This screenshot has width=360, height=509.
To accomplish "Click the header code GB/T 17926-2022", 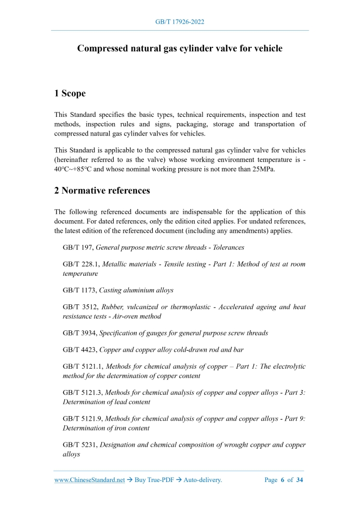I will tap(180, 22).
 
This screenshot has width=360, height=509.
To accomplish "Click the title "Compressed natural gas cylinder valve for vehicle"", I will tap(180, 48).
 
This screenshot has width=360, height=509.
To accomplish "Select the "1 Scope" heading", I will tap(70, 93).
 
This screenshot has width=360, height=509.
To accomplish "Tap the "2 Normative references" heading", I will tap(102, 191).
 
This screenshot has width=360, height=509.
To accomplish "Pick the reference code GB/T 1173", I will tap(79, 290).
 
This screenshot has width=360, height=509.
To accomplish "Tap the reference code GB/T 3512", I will tap(79, 307).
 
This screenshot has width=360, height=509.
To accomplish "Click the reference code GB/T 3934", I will tap(79, 333).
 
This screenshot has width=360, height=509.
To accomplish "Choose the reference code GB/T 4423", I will tap(79, 350).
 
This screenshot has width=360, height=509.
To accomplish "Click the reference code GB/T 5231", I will tap(79, 445).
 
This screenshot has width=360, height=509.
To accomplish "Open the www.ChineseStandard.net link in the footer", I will tap(89, 480).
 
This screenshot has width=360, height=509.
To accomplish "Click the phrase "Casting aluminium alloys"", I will tap(136, 290).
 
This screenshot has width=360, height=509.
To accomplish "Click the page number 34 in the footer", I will tap(299, 480).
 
